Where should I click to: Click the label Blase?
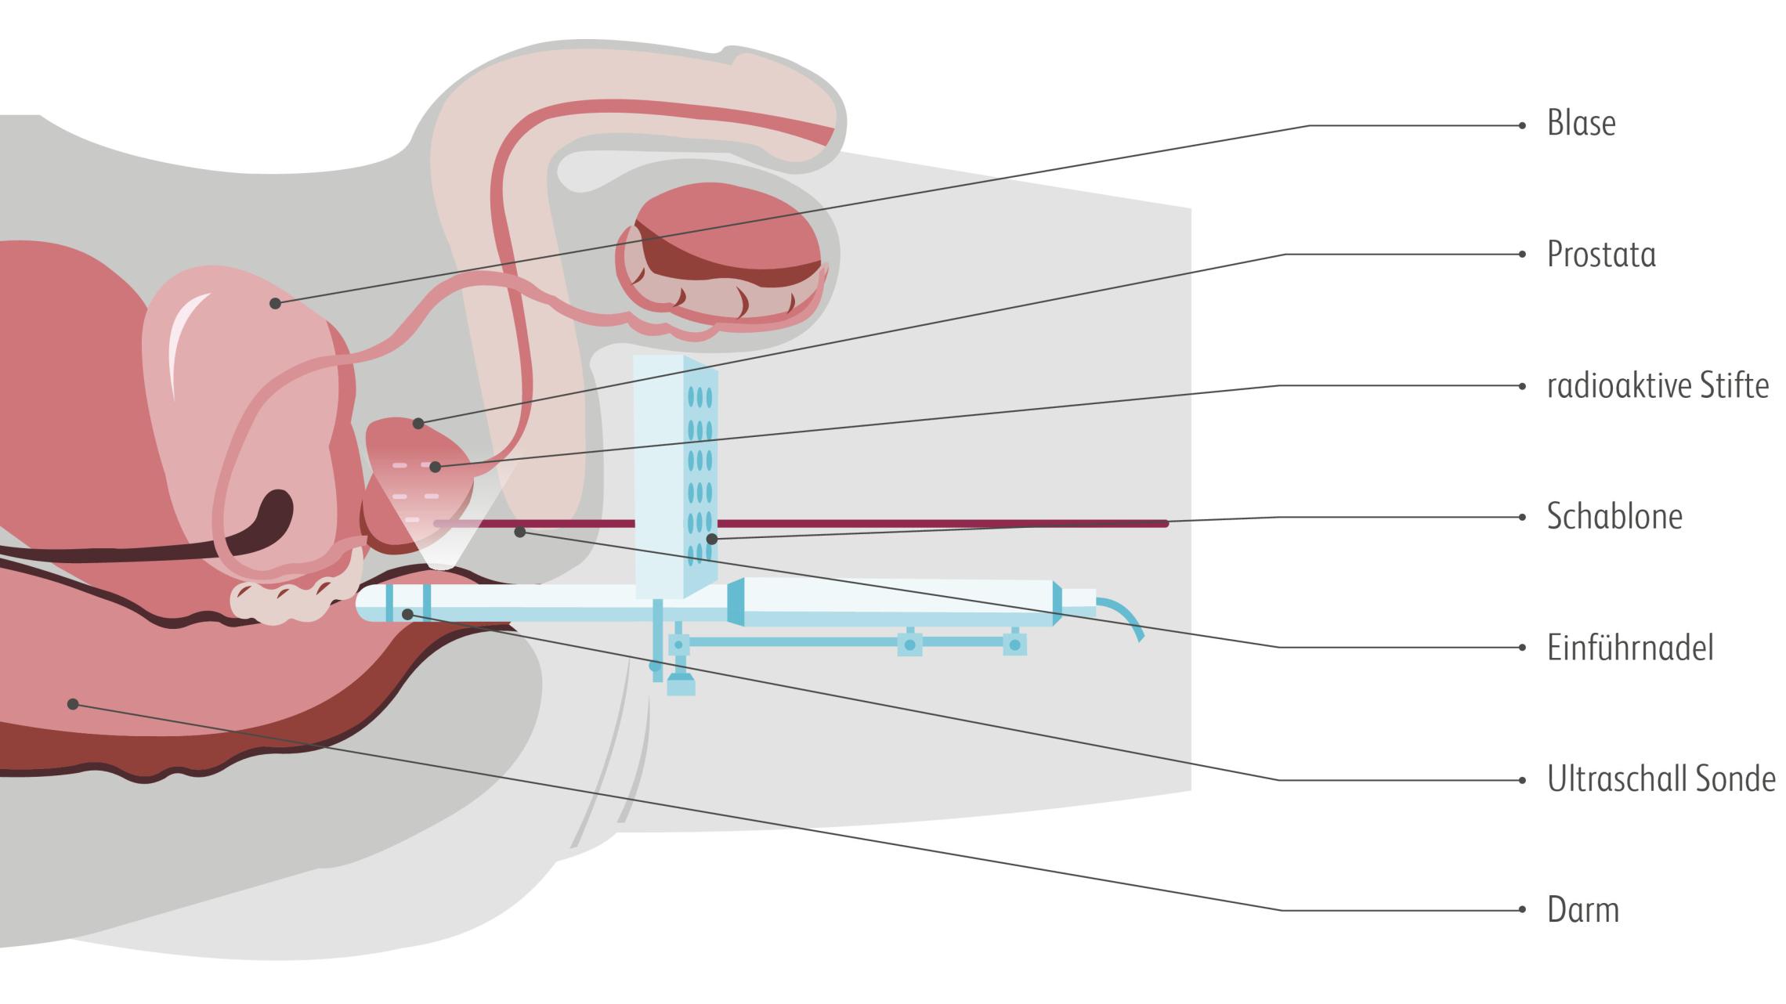click(1581, 124)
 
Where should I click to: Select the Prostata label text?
click(1601, 255)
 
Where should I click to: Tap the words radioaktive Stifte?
click(1658, 385)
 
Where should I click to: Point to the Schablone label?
click(1614, 517)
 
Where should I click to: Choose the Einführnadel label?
click(1630, 648)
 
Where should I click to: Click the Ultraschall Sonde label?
click(1661, 779)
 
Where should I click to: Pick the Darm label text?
click(1582, 910)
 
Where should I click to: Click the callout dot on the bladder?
click(275, 303)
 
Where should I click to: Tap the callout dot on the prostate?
click(418, 424)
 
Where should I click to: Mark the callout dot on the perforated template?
click(711, 539)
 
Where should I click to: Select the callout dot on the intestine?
click(73, 704)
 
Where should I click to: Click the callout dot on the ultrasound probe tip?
click(407, 615)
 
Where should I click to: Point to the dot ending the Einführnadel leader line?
click(519, 533)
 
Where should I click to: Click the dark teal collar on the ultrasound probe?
click(736, 601)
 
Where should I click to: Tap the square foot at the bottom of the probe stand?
click(681, 687)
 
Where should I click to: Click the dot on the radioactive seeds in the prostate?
click(436, 468)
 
